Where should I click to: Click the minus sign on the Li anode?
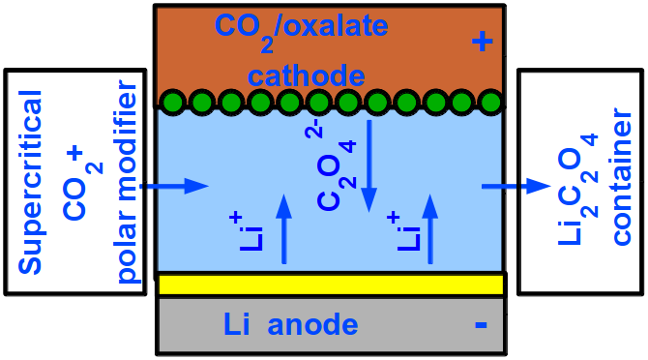[x=481, y=325]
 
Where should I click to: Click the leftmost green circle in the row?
[x=172, y=101]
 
